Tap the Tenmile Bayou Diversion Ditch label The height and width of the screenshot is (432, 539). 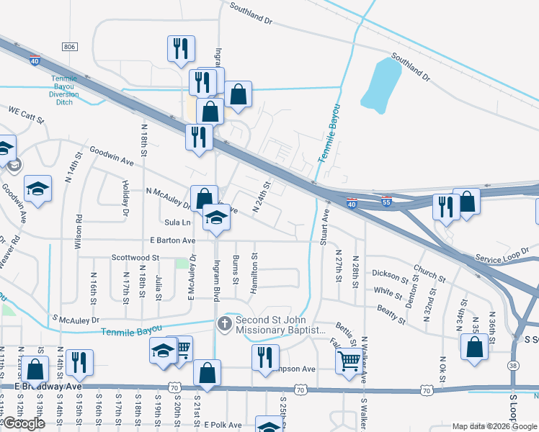click(63, 91)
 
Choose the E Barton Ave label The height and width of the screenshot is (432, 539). click(173, 240)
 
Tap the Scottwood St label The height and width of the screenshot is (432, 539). click(135, 257)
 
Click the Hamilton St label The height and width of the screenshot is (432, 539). click(254, 273)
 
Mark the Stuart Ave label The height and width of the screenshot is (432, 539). click(324, 228)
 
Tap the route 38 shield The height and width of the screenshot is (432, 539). click(512, 366)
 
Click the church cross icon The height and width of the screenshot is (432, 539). click(224, 324)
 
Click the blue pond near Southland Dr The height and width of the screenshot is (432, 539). click(381, 83)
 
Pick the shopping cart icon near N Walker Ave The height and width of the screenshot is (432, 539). click(349, 359)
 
